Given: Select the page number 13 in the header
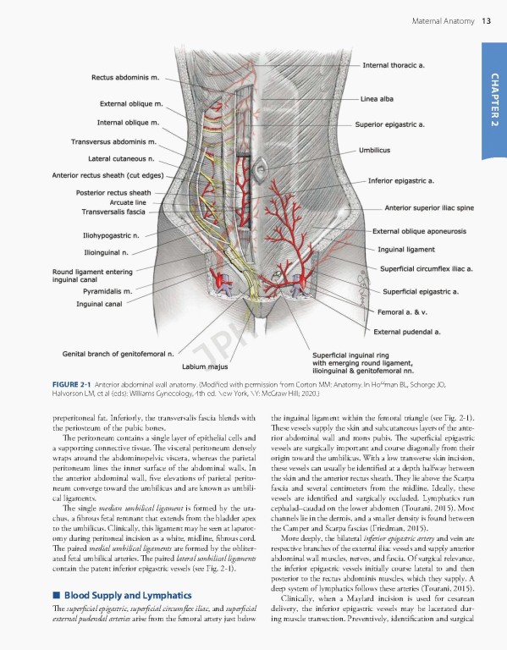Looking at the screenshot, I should click(486, 20).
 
